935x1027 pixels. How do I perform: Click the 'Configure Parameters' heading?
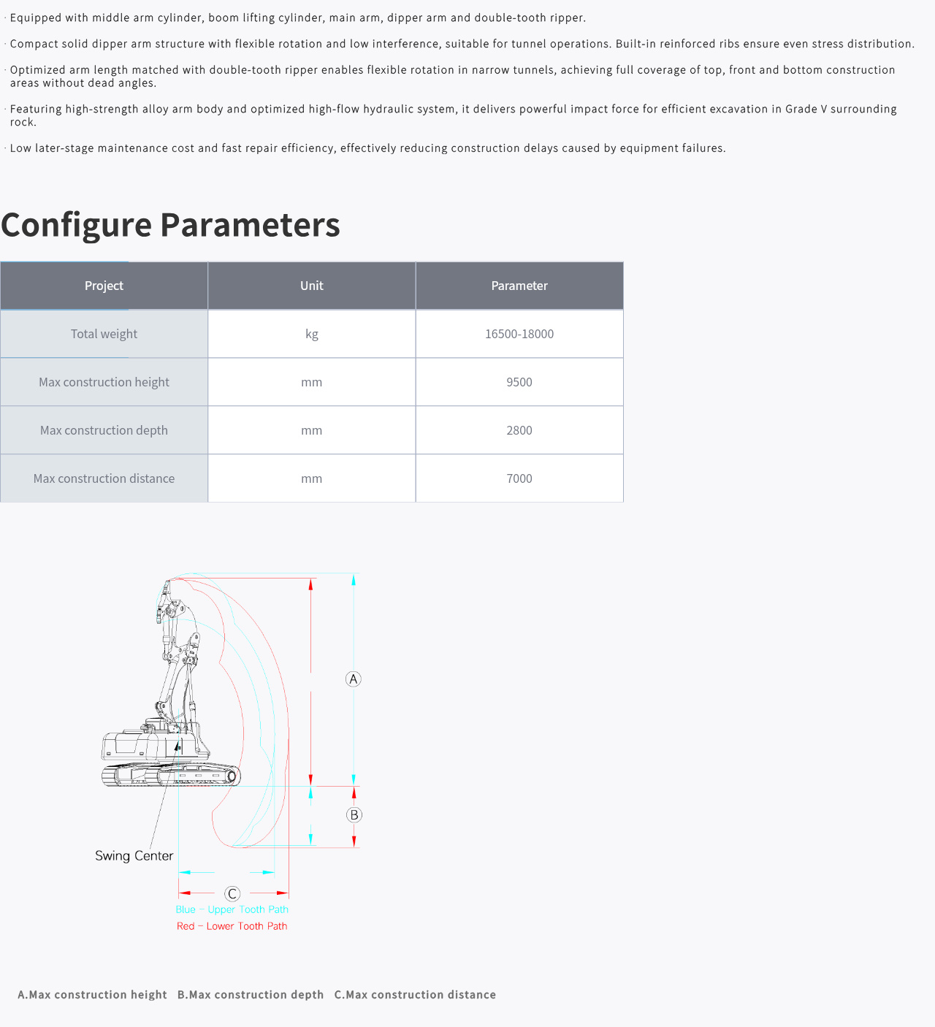170,225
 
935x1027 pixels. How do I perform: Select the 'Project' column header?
104,286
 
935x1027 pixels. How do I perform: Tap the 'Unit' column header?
312,286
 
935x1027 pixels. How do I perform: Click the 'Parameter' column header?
519,286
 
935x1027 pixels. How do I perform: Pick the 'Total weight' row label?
104,334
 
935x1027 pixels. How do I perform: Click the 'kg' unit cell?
312,335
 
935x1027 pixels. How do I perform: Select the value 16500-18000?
519,334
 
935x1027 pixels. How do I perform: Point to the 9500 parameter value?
519,382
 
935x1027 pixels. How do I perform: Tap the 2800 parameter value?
519,430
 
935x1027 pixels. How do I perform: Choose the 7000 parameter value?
519,478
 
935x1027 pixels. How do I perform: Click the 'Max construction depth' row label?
104,430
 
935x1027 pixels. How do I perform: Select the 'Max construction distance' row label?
104,478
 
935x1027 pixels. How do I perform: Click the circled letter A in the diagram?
354,679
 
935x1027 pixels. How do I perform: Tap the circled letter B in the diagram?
354,815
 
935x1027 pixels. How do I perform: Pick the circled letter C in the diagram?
232,894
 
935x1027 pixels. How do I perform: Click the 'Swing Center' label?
134,856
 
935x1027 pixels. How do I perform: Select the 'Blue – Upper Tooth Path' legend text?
232,909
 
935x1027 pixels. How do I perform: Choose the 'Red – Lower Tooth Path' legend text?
232,926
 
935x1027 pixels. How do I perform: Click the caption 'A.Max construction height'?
92,995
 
